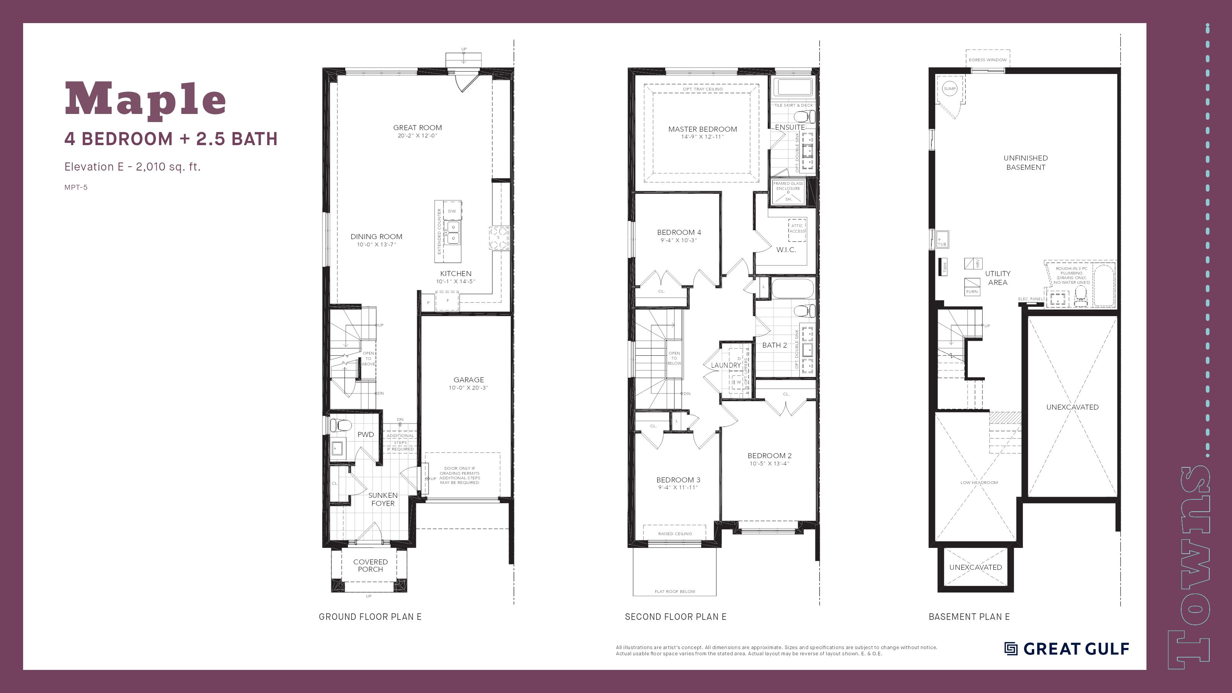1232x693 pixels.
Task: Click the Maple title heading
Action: point(145,99)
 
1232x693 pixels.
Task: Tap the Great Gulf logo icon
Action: point(1011,648)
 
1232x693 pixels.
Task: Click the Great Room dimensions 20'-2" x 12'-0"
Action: point(417,136)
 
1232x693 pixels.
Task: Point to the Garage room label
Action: point(468,380)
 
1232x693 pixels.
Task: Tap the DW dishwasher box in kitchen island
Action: point(452,211)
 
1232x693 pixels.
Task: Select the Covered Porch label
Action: point(370,565)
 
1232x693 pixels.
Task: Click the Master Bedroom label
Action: point(702,129)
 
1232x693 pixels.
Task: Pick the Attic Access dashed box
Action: point(797,229)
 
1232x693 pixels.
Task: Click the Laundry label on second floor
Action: point(725,365)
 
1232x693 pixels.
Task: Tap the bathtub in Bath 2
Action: point(792,288)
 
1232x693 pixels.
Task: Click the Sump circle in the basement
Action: point(949,89)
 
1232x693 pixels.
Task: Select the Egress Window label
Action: point(988,60)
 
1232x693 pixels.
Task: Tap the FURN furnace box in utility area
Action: point(972,287)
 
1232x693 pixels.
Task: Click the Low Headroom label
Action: point(979,482)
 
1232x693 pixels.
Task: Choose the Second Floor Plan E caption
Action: point(675,617)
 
